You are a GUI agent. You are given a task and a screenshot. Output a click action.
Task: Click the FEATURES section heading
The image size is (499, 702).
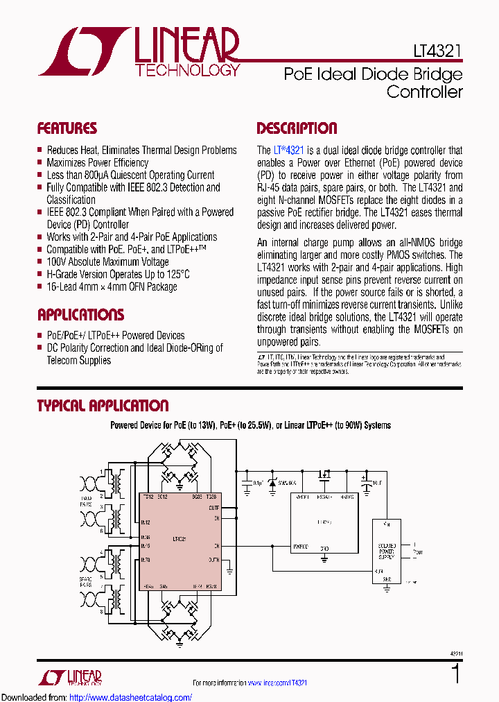[67, 128]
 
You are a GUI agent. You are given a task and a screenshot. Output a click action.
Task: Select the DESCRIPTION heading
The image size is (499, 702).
[297, 128]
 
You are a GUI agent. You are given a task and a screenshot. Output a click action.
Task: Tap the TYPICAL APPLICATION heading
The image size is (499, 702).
[103, 406]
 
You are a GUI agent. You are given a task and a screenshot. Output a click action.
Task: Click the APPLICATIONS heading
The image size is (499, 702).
[81, 315]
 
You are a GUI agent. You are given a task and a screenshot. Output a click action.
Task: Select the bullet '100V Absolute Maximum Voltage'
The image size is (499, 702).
[107, 262]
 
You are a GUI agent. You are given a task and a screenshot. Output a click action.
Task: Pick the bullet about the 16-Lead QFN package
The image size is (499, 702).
[112, 287]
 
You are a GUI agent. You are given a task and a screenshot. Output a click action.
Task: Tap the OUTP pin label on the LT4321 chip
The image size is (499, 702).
[213, 508]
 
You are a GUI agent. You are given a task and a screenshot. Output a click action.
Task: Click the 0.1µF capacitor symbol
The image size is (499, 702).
[246, 481]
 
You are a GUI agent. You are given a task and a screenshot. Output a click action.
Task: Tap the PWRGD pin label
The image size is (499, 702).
[300, 547]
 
